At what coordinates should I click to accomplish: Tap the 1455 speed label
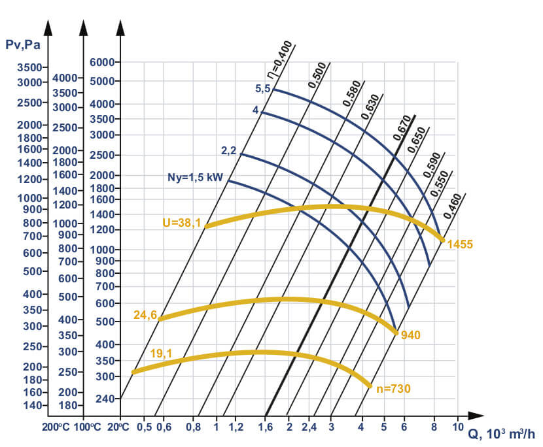[460, 244]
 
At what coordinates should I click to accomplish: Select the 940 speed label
[411, 335]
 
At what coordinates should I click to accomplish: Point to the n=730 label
[393, 388]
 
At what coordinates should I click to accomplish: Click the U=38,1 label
[181, 223]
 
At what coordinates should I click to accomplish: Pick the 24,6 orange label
[145, 314]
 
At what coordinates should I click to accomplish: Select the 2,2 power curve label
[228, 151]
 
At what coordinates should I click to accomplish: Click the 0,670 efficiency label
[402, 129]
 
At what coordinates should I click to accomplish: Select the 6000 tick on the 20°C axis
[101, 62]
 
